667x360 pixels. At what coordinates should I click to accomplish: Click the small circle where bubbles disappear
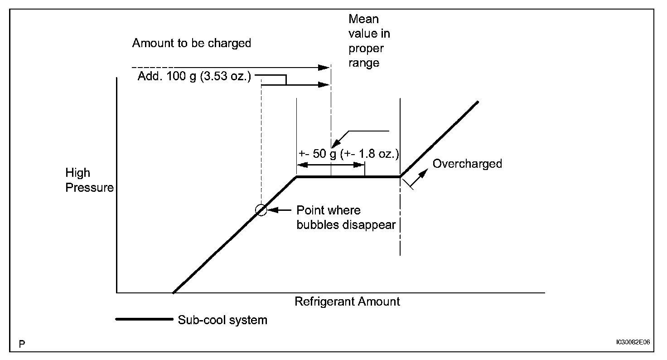pyautogui.click(x=261, y=210)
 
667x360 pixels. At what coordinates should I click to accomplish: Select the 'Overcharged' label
pyautogui.click(x=467, y=164)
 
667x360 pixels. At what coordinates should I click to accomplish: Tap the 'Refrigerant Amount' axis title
pyautogui.click(x=347, y=302)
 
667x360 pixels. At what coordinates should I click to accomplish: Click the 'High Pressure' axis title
pyautogui.click(x=89, y=180)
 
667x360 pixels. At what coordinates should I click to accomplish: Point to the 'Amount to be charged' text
pyautogui.click(x=191, y=44)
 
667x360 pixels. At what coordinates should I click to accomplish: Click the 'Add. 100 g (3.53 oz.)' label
pyautogui.click(x=194, y=77)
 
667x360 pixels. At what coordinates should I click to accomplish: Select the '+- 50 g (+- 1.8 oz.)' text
pyautogui.click(x=348, y=154)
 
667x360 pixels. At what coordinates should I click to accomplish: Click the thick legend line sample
pyautogui.click(x=144, y=319)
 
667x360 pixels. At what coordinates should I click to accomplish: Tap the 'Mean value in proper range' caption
pyautogui.click(x=369, y=41)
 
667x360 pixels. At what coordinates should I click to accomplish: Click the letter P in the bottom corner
pyautogui.click(x=22, y=345)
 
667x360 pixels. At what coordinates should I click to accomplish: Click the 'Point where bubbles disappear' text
pyautogui.click(x=346, y=218)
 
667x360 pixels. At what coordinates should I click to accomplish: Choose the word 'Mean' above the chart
pyautogui.click(x=363, y=19)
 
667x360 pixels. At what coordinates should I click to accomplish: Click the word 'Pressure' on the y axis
pyautogui.click(x=90, y=187)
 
